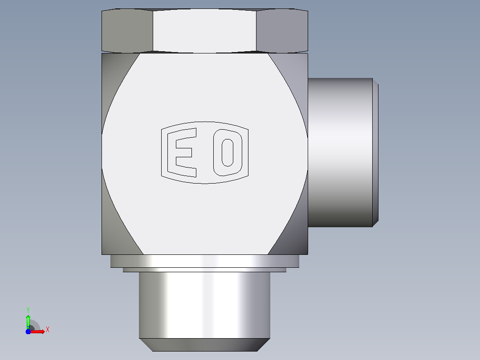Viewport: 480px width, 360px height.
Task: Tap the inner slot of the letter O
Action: pos(228,152)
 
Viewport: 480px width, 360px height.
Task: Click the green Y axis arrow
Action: pos(28,322)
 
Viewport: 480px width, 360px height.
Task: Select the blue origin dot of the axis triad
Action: pos(28,331)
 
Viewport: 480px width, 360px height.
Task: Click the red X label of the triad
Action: pos(48,330)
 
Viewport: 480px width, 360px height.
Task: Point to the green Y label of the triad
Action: pos(28,310)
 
